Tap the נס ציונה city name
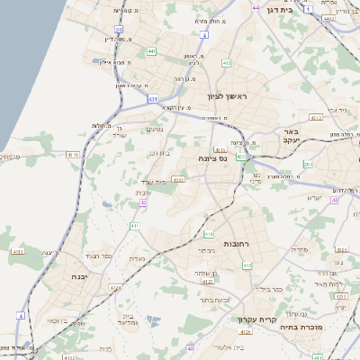[217, 157]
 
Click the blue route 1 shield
[309, 9]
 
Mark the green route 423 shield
[143, 202]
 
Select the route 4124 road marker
[114, 286]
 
